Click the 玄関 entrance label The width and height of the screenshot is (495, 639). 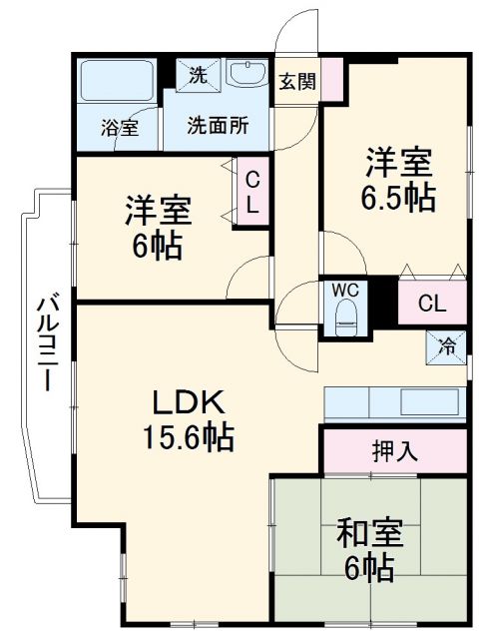click(x=297, y=82)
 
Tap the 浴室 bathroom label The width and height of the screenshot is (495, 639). click(x=118, y=128)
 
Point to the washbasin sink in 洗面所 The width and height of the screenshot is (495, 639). click(x=246, y=75)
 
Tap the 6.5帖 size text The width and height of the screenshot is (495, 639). click(x=397, y=197)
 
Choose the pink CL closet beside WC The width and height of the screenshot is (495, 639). click(x=431, y=303)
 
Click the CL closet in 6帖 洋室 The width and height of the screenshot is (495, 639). click(x=252, y=194)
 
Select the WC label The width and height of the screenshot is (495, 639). click(x=345, y=289)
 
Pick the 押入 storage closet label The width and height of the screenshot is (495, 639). click(x=394, y=451)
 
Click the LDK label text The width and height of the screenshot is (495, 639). click(x=192, y=403)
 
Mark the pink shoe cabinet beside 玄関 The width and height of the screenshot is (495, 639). click(x=331, y=80)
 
